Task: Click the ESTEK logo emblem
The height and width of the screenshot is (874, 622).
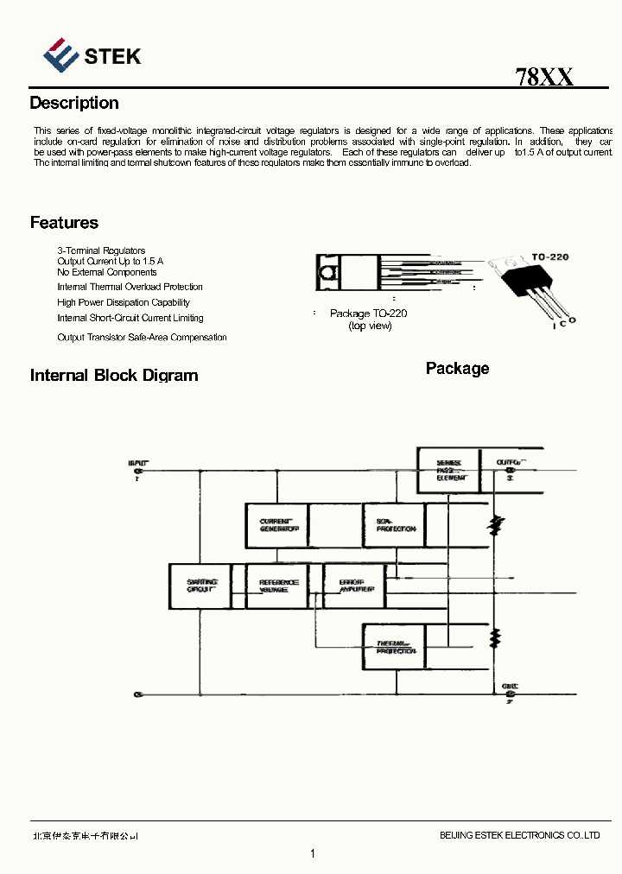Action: tap(61, 54)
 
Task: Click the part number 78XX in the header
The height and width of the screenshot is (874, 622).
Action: tap(544, 77)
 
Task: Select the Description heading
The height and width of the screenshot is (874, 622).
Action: tap(74, 103)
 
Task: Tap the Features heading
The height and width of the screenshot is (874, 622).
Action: tap(64, 223)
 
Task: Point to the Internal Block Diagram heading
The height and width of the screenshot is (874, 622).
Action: tap(114, 376)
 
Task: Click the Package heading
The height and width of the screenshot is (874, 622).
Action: tap(457, 369)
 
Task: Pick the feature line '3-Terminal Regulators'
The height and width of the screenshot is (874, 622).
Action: tap(101, 250)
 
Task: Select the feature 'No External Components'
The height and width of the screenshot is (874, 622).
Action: tap(107, 272)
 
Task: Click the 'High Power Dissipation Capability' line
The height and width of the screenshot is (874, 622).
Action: tap(124, 302)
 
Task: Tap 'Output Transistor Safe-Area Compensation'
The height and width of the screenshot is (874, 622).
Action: tap(142, 338)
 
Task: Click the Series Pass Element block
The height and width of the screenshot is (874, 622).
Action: tap(448, 470)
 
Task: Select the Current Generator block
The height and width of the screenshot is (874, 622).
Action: tap(277, 525)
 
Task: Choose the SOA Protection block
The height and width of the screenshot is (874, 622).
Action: tap(394, 525)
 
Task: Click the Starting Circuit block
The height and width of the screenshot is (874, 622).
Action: tap(201, 586)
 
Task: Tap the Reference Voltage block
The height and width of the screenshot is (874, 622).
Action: tap(278, 586)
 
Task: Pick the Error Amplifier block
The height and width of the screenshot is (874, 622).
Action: tap(355, 586)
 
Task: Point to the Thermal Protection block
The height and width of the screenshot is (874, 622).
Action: tap(395, 647)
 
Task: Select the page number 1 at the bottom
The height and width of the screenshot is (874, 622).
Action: tap(312, 854)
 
